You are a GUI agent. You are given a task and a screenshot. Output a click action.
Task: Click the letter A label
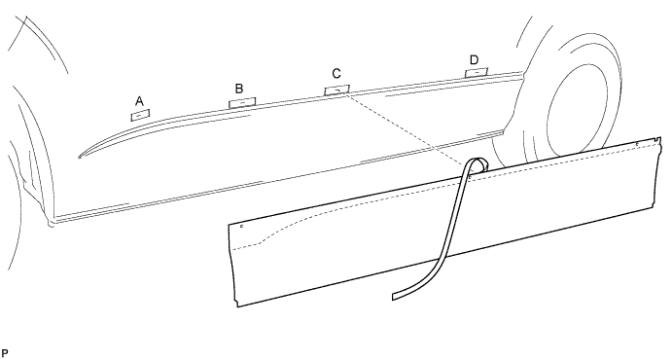[140, 100]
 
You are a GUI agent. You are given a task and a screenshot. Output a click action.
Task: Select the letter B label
[239, 87]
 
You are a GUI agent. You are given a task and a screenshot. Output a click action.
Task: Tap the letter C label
[336, 74]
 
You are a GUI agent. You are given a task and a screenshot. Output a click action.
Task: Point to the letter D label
[474, 60]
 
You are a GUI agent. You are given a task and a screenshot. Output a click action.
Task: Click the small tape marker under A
[141, 114]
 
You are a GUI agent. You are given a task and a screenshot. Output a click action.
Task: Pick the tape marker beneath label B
[241, 100]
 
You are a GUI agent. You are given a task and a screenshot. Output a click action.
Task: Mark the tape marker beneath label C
[336, 90]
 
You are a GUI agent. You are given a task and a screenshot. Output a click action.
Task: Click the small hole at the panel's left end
[240, 227]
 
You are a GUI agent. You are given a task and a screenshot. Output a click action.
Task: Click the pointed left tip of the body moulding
[81, 155]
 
